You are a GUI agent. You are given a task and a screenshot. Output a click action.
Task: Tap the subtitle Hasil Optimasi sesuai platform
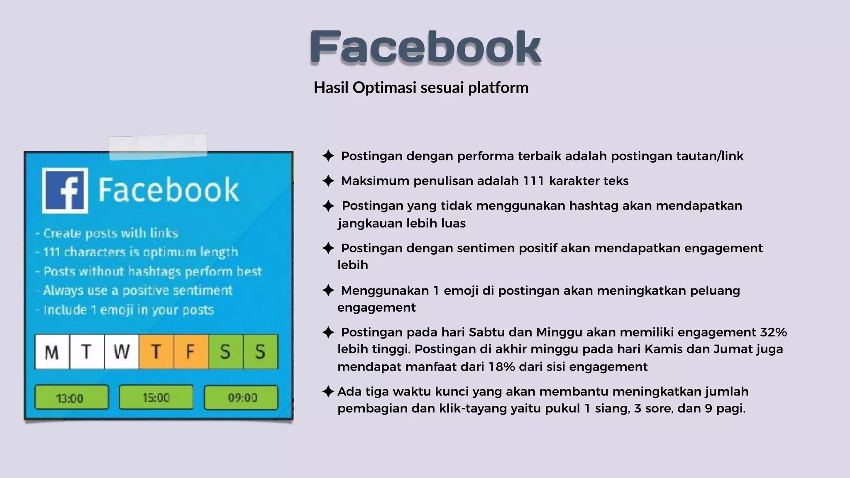pyautogui.click(x=421, y=88)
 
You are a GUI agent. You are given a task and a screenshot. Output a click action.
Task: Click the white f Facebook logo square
pyautogui.click(x=65, y=191)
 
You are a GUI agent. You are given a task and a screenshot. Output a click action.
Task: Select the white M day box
pyautogui.click(x=52, y=352)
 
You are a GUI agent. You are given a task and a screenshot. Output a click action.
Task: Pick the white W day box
pyautogui.click(x=121, y=352)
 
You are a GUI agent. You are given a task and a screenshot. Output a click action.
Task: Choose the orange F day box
pyautogui.click(x=191, y=352)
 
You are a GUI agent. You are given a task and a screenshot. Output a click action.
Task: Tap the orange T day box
pyautogui.click(x=156, y=352)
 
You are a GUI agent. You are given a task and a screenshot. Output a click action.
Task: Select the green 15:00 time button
pyautogui.click(x=156, y=398)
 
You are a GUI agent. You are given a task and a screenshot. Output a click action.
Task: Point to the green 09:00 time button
pyautogui.click(x=241, y=398)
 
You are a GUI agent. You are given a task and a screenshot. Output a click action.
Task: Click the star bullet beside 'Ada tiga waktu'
pyautogui.click(x=328, y=391)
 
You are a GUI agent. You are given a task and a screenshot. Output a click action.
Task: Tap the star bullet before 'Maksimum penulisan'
pyautogui.click(x=328, y=181)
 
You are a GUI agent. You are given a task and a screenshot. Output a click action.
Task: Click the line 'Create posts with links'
pyautogui.click(x=110, y=233)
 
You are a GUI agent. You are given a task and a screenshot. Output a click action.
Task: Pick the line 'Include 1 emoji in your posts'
pyautogui.click(x=128, y=310)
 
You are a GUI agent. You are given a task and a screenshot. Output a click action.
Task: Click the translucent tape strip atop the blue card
pyautogui.click(x=158, y=146)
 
